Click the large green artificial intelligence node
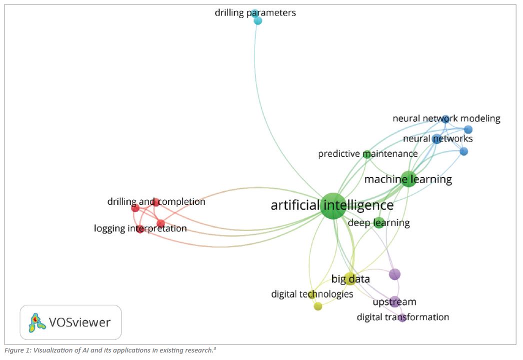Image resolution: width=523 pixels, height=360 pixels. (333, 205)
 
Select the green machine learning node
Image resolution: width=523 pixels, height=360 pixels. (408, 179)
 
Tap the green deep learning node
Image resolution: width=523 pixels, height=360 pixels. (379, 223)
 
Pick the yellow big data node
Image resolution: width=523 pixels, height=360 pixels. (350, 279)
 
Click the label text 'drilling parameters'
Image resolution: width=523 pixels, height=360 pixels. (255, 13)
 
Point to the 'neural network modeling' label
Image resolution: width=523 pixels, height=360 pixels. (446, 118)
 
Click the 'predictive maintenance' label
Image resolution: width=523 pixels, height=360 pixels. (367, 154)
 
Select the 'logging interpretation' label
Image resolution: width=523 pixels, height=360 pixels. (140, 228)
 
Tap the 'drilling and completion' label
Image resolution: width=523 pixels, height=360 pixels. (156, 202)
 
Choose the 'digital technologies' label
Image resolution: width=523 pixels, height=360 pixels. (312, 294)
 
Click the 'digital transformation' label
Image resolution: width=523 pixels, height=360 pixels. (402, 317)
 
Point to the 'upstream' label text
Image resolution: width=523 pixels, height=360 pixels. (394, 302)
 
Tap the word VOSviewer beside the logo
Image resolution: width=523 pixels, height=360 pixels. (79, 322)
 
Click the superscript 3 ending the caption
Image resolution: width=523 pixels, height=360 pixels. (215, 348)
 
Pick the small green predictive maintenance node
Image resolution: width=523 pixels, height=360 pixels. (366, 153)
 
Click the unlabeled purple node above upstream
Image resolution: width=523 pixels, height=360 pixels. (394, 274)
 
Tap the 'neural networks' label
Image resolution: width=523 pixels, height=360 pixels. (437, 138)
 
